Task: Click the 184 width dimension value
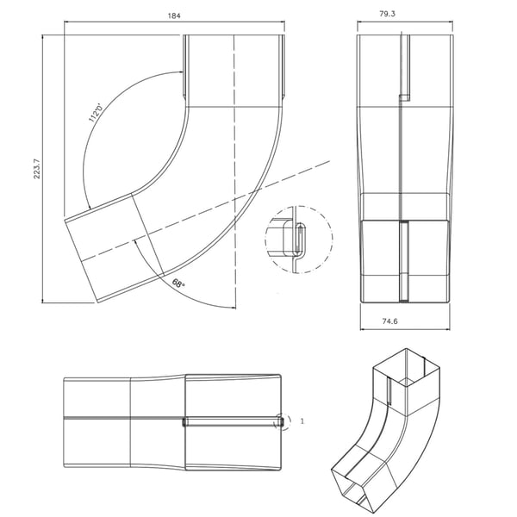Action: point(174,16)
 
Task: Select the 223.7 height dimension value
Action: point(36,169)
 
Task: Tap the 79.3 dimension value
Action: point(387,14)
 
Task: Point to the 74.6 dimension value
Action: point(389,321)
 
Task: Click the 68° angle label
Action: point(178,283)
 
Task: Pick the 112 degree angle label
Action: point(97,113)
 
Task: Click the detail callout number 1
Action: point(302,421)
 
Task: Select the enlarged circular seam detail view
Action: point(299,239)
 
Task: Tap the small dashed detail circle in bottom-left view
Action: point(283,421)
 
